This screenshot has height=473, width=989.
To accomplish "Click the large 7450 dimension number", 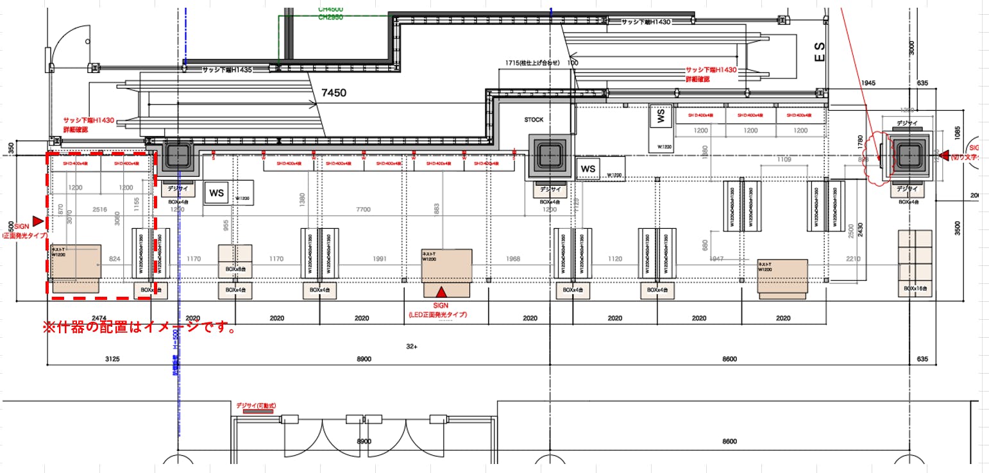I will pos(334,93).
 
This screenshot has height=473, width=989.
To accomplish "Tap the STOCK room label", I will pos(534,120).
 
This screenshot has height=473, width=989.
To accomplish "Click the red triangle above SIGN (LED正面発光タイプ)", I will pos(440,291).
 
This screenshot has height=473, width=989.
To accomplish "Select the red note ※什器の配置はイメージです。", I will pos(139,328).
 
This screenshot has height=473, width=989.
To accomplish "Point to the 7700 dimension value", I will pos(363,210).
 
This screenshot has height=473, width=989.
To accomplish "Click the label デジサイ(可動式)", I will pos(255,405).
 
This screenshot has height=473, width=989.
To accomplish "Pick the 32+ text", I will pos(412,347).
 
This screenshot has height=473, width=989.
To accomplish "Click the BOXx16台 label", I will pos(916,289).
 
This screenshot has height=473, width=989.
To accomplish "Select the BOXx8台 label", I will pos(235,270).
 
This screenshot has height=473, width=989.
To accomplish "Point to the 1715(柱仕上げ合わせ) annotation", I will pos(533,63).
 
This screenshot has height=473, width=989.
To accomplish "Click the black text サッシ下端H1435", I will pos(228,69).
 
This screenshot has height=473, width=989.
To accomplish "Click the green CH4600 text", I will pos(330,10).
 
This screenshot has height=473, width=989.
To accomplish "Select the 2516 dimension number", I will pos(99,210).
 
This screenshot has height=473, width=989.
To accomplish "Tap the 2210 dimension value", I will pos(852,259).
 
